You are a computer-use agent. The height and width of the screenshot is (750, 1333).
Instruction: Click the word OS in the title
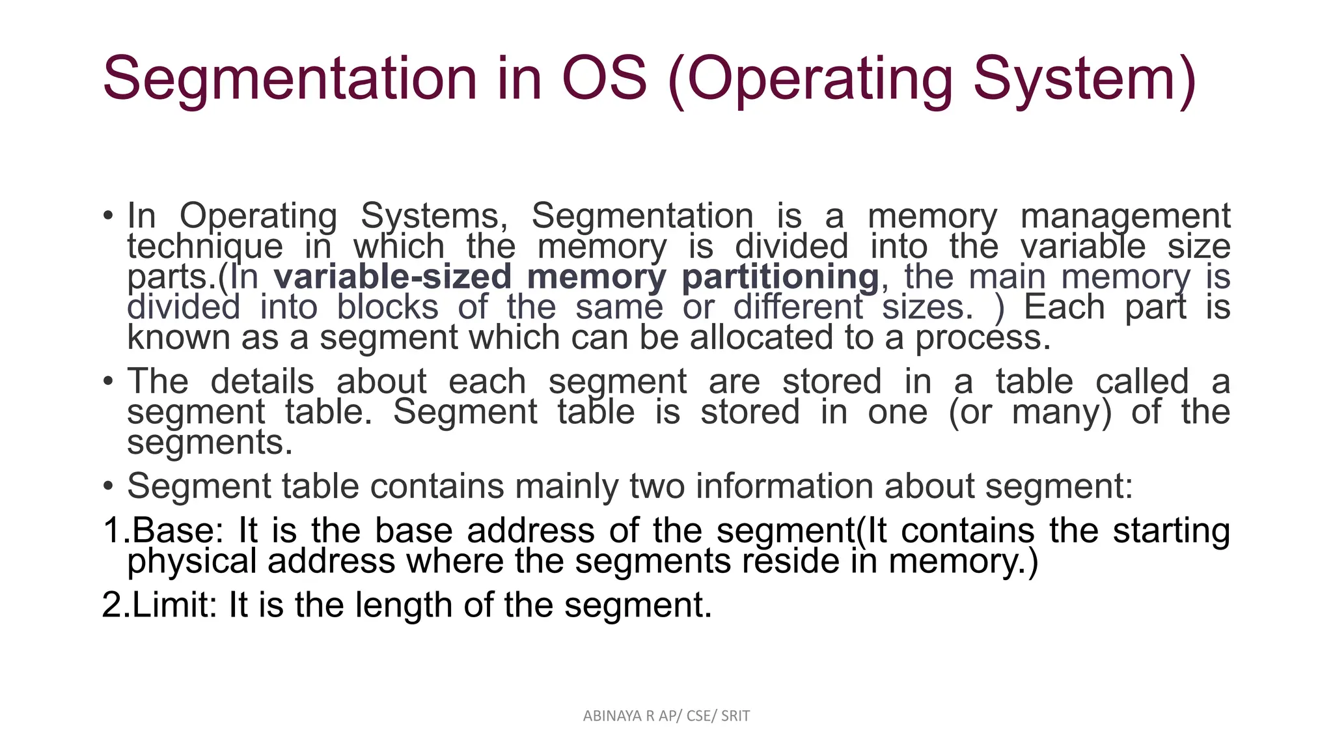604,79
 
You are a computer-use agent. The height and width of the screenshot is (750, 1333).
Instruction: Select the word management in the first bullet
1125,216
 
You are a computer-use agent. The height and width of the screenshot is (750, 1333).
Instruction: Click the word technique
205,247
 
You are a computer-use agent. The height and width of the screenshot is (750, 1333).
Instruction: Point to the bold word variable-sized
392,277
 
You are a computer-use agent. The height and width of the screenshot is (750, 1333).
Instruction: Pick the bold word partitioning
780,277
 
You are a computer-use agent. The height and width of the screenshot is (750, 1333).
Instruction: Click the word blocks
387,307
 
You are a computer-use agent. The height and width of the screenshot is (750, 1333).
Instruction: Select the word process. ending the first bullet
983,338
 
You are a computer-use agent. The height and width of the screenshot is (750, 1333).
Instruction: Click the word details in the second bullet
262,382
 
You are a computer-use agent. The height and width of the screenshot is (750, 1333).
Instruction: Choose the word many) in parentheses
1062,412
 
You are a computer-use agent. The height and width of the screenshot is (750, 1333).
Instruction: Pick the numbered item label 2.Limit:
159,605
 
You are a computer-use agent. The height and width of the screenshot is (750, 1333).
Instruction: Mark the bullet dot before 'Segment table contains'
109,486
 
